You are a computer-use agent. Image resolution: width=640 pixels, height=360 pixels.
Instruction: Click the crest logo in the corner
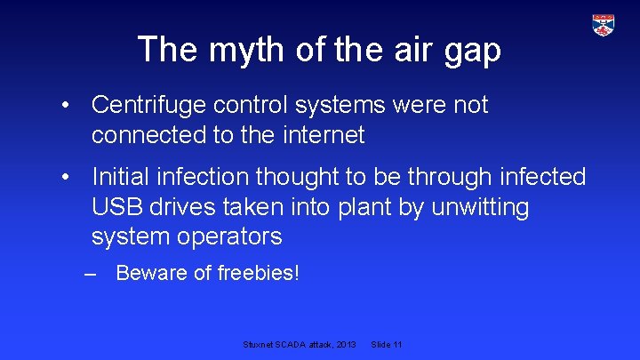604,25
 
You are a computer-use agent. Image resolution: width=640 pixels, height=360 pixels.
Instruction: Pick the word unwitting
479,207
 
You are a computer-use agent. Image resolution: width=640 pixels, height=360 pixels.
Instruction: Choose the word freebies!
259,274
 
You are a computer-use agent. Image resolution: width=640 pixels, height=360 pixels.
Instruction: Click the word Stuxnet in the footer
258,344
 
